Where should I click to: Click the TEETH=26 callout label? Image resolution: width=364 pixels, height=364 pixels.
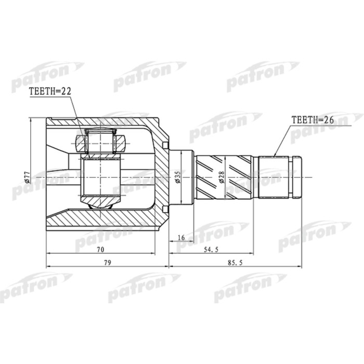point(312,120)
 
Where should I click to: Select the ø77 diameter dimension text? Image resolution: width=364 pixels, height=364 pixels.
point(27,177)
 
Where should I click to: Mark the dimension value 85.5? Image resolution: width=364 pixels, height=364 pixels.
point(235,263)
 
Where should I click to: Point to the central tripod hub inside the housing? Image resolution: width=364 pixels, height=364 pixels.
point(101,177)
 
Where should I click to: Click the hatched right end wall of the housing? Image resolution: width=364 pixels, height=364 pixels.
point(162,177)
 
